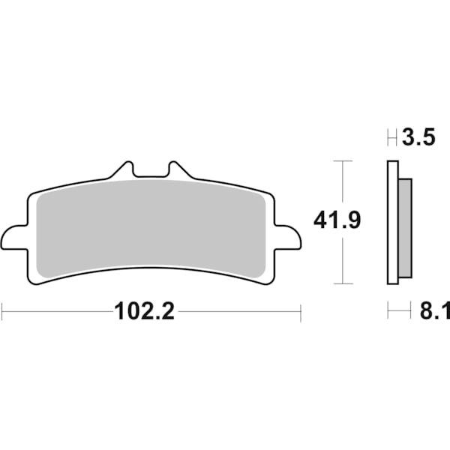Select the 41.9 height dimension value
337,221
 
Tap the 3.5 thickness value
418,138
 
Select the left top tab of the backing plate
124,169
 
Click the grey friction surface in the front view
150,225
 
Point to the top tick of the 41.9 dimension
342,160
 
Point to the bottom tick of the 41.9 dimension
342,283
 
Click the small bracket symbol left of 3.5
391,138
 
